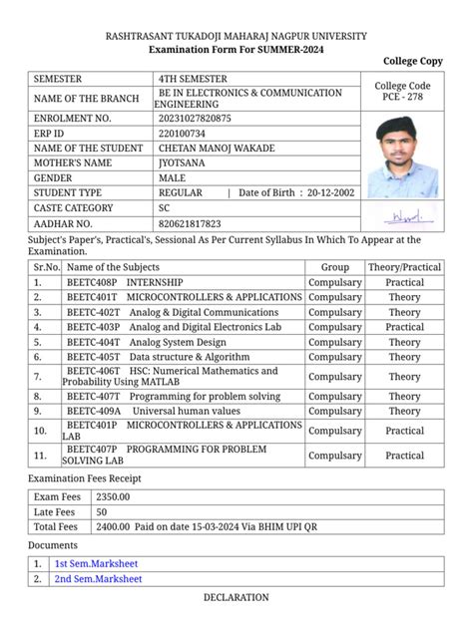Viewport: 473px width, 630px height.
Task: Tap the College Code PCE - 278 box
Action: [x=403, y=92]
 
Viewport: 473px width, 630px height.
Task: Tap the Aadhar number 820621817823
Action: [x=190, y=223]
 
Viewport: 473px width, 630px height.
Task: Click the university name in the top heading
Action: [x=236, y=35]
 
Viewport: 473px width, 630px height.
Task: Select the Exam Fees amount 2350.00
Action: [x=114, y=496]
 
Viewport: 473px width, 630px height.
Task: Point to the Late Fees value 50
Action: [x=102, y=511]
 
